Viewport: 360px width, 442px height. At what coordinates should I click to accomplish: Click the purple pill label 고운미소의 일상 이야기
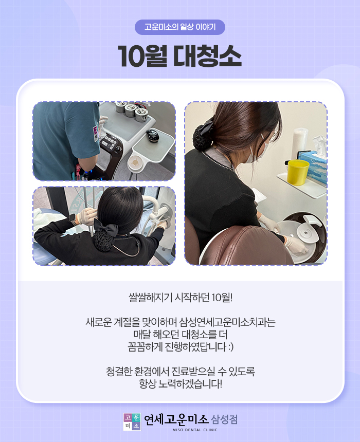[179, 27]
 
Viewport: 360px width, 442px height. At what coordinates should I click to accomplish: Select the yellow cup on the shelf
[298, 172]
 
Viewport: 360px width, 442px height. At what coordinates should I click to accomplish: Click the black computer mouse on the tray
[152, 135]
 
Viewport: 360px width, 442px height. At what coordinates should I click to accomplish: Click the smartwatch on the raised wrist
[73, 218]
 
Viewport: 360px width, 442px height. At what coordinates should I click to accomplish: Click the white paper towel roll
[300, 142]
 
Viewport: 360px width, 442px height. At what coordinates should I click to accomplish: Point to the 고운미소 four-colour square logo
[132, 422]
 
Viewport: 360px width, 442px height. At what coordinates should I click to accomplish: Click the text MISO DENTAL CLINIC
[195, 430]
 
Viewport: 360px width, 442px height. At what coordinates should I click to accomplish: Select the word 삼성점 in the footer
[224, 419]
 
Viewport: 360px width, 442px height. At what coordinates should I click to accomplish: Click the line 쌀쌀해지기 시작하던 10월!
[181, 298]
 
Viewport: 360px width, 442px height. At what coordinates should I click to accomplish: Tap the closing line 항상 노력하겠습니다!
[181, 383]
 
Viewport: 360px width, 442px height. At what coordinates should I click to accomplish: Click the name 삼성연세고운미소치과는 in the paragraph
[227, 322]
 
